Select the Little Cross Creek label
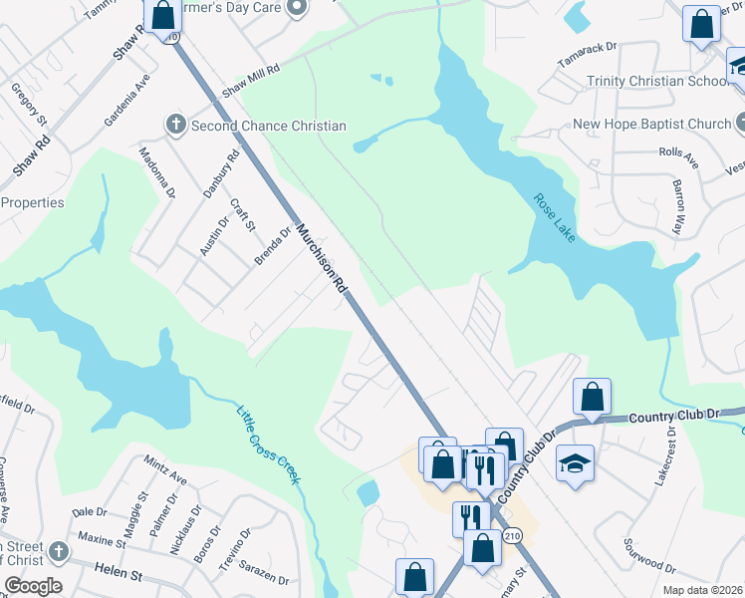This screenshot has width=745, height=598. [x=268, y=445]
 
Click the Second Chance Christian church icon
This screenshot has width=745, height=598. [x=175, y=126]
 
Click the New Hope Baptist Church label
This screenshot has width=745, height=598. [x=651, y=125]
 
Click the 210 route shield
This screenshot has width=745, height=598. [x=512, y=536]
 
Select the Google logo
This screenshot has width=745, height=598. [x=32, y=586]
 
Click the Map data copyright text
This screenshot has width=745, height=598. [x=703, y=590]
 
